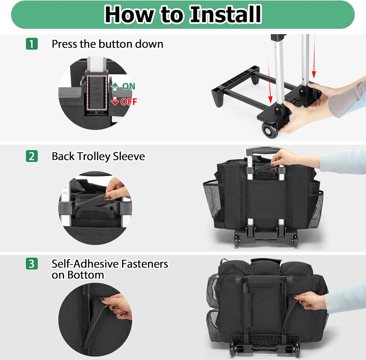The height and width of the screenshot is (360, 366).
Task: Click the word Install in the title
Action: [x=225, y=14]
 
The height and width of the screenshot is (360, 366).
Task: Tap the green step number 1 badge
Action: [x=32, y=44]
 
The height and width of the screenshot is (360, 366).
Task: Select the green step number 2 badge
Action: [x=32, y=156]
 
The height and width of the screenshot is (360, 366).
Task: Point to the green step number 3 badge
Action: [x=32, y=264]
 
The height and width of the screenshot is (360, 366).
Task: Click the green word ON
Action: [x=129, y=86]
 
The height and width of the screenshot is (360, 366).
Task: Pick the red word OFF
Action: [x=129, y=102]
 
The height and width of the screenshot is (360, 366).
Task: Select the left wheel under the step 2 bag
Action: [x=237, y=240]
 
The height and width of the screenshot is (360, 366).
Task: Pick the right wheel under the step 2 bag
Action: [x=294, y=240]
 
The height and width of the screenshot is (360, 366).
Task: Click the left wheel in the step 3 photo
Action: [x=232, y=348]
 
